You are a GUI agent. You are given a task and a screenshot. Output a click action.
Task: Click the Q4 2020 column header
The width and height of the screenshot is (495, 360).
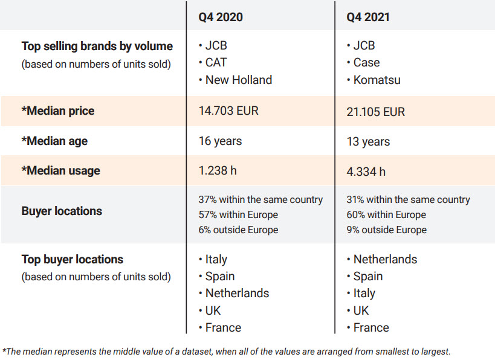(221, 17)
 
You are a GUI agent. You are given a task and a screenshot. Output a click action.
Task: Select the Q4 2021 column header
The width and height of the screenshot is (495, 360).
(368, 17)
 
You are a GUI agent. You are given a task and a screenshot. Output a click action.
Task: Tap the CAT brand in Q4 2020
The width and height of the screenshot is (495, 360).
(216, 62)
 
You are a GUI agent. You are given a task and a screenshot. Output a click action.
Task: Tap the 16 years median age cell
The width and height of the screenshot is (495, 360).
(220, 141)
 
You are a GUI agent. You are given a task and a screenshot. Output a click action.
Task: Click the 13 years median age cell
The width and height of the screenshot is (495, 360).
(368, 141)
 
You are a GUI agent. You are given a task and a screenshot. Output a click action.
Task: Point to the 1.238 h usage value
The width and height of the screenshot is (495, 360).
(218, 171)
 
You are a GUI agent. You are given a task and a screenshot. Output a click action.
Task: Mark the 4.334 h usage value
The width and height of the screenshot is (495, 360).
(366, 172)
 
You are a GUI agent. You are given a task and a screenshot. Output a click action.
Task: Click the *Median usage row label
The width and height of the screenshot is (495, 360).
(60, 171)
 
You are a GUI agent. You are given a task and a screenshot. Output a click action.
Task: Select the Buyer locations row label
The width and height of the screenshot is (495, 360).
(62, 211)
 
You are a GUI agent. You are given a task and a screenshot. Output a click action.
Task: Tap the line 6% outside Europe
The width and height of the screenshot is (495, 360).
(238, 230)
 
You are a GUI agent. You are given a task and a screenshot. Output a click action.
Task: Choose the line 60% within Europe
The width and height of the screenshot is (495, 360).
(386, 214)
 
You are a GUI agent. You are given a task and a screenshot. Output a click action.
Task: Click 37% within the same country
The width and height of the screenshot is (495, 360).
(260, 199)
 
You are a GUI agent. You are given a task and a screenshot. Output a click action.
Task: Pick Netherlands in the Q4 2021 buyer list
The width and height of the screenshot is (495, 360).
(385, 259)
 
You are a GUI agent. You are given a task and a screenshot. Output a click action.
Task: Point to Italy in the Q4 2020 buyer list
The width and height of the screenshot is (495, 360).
(216, 259)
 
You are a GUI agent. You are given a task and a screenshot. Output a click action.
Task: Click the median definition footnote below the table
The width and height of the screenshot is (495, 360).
(227, 351)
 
